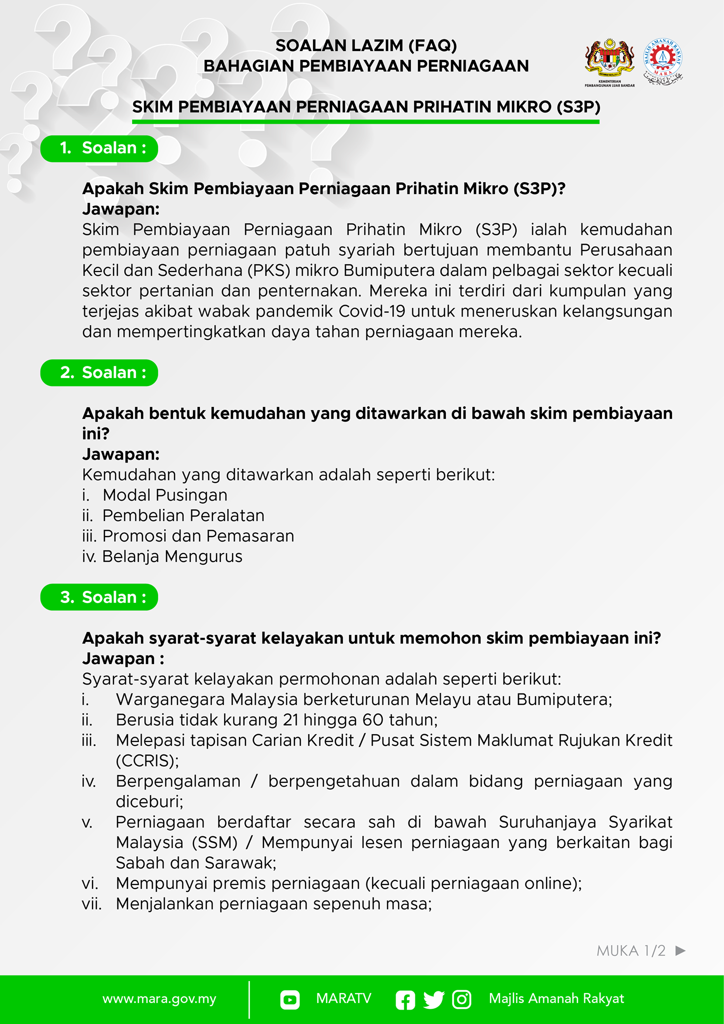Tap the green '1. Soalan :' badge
click(x=99, y=148)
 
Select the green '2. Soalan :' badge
click(x=99, y=373)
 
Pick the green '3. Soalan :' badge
click(x=99, y=597)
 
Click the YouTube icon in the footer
click(x=290, y=999)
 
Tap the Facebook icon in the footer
click(x=405, y=999)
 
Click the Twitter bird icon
click(x=433, y=999)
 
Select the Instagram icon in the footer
click(x=461, y=999)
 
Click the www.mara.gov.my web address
click(x=159, y=999)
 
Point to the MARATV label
click(x=343, y=999)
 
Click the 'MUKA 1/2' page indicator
click(x=631, y=951)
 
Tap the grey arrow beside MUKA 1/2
click(x=680, y=950)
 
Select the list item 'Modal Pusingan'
click(x=164, y=495)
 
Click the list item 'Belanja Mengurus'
click(x=172, y=556)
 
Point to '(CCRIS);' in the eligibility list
click(x=147, y=761)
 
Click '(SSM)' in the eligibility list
click(x=214, y=843)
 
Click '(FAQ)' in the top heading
click(x=432, y=46)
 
